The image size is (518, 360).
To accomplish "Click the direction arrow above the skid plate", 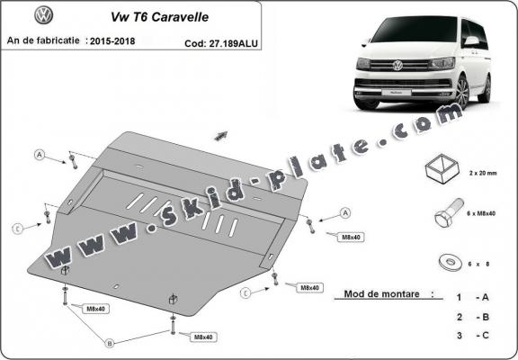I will click(219, 135).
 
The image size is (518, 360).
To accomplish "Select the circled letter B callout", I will click(110, 343).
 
